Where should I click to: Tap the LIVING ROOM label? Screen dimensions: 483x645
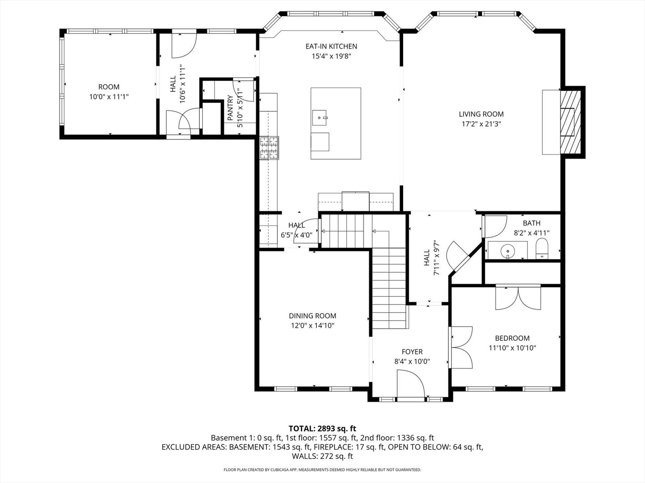pyautogui.click(x=481, y=114)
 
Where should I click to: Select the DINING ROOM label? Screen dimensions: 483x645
pyautogui.click(x=312, y=316)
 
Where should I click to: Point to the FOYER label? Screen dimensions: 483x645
pyautogui.click(x=412, y=352)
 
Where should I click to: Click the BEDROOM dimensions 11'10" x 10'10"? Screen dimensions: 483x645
pyautogui.click(x=512, y=347)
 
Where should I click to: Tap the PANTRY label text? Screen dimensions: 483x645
pyautogui.click(x=230, y=108)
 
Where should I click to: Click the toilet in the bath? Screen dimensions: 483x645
pyautogui.click(x=542, y=249)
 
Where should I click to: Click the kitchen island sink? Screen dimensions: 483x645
pyautogui.click(x=320, y=118)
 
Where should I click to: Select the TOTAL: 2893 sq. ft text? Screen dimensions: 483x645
pyautogui.click(x=322, y=429)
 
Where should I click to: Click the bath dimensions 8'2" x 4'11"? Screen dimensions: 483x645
pyautogui.click(x=531, y=233)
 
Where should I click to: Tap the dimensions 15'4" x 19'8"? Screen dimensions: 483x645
pyautogui.click(x=331, y=56)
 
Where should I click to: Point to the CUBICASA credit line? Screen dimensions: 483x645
pyautogui.click(x=322, y=470)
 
